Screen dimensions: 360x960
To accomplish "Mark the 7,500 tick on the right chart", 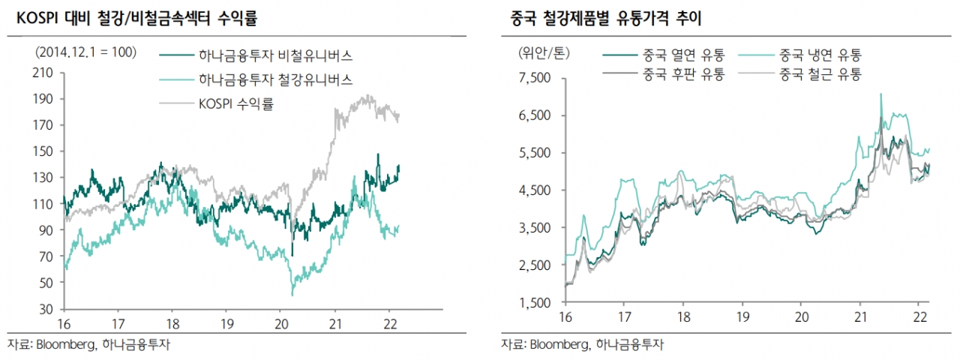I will (x=534, y=78).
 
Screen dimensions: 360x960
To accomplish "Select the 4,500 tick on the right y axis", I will (x=534, y=190).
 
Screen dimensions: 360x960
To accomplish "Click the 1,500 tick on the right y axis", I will (x=534, y=303).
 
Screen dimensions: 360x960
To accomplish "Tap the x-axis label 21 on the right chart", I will (x=862, y=317).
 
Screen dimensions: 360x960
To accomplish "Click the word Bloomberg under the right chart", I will (x=559, y=345).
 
